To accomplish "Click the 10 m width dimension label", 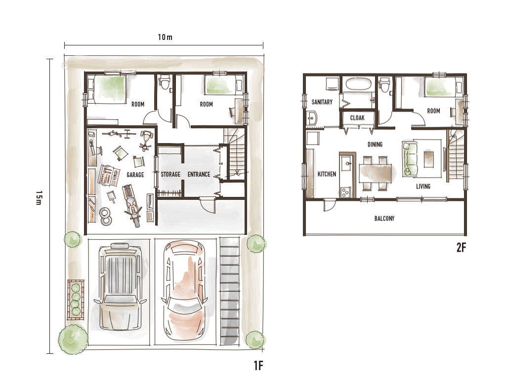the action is coord(165,37).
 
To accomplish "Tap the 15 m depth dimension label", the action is coord(39,197).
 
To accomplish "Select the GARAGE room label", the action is coord(135,175).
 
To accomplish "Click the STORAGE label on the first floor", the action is coord(170,174).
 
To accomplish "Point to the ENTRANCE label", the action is coord(199,174).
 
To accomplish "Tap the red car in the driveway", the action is coord(184,291).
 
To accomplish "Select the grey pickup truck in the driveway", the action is coord(120,287).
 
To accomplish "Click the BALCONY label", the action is coord(384,219).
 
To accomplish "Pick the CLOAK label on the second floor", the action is coord(357,118).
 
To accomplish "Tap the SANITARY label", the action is coord(322,102).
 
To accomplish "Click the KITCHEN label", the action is coord(327,174).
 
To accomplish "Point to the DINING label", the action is coord(375,145).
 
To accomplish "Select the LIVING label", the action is coord(423,186).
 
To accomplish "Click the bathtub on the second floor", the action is coord(359,84).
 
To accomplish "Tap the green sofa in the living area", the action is coord(410,158).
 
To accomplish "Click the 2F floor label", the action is coord(461,247).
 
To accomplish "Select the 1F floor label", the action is coord(258,366).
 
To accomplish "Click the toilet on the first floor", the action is coord(165,82).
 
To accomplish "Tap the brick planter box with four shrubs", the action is coord(76,300).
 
